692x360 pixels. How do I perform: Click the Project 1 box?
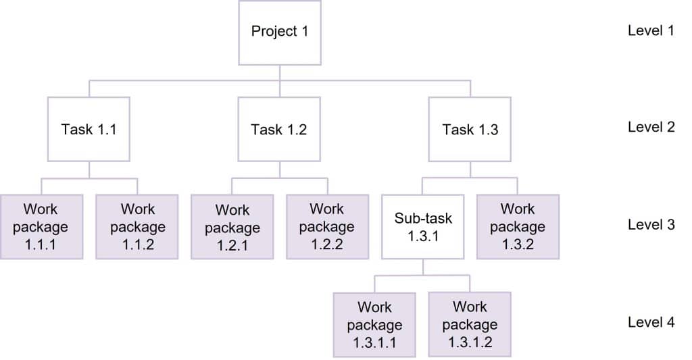[x=280, y=32]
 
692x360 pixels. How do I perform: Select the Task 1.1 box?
[x=89, y=129]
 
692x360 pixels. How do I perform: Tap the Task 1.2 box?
[x=279, y=129]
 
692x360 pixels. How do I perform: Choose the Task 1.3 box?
[x=470, y=129]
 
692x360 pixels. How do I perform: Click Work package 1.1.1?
[x=41, y=227]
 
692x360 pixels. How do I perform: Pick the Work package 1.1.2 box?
[x=137, y=227]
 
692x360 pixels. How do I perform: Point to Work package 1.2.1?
[x=232, y=227]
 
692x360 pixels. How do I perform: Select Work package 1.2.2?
[x=327, y=227]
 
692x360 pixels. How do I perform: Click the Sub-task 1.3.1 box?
[x=423, y=227]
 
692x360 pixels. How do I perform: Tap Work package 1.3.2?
[x=518, y=227]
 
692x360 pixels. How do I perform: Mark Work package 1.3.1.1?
[x=374, y=325]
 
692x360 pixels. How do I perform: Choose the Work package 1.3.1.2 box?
[x=470, y=325]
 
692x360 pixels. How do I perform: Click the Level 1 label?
[x=651, y=31]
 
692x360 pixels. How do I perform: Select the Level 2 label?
[x=651, y=127]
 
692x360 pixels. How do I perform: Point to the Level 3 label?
[x=651, y=225]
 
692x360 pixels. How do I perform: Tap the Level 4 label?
[x=651, y=322]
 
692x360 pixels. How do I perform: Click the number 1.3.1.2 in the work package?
[x=470, y=342]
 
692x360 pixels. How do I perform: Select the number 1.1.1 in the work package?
[x=41, y=245]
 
